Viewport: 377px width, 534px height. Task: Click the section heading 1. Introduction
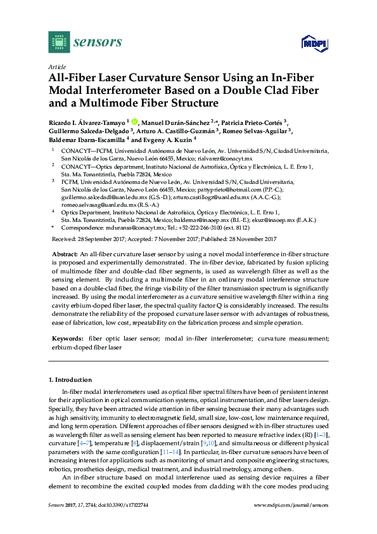[x=69, y=379]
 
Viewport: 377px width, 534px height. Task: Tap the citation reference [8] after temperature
[x=169, y=432]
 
